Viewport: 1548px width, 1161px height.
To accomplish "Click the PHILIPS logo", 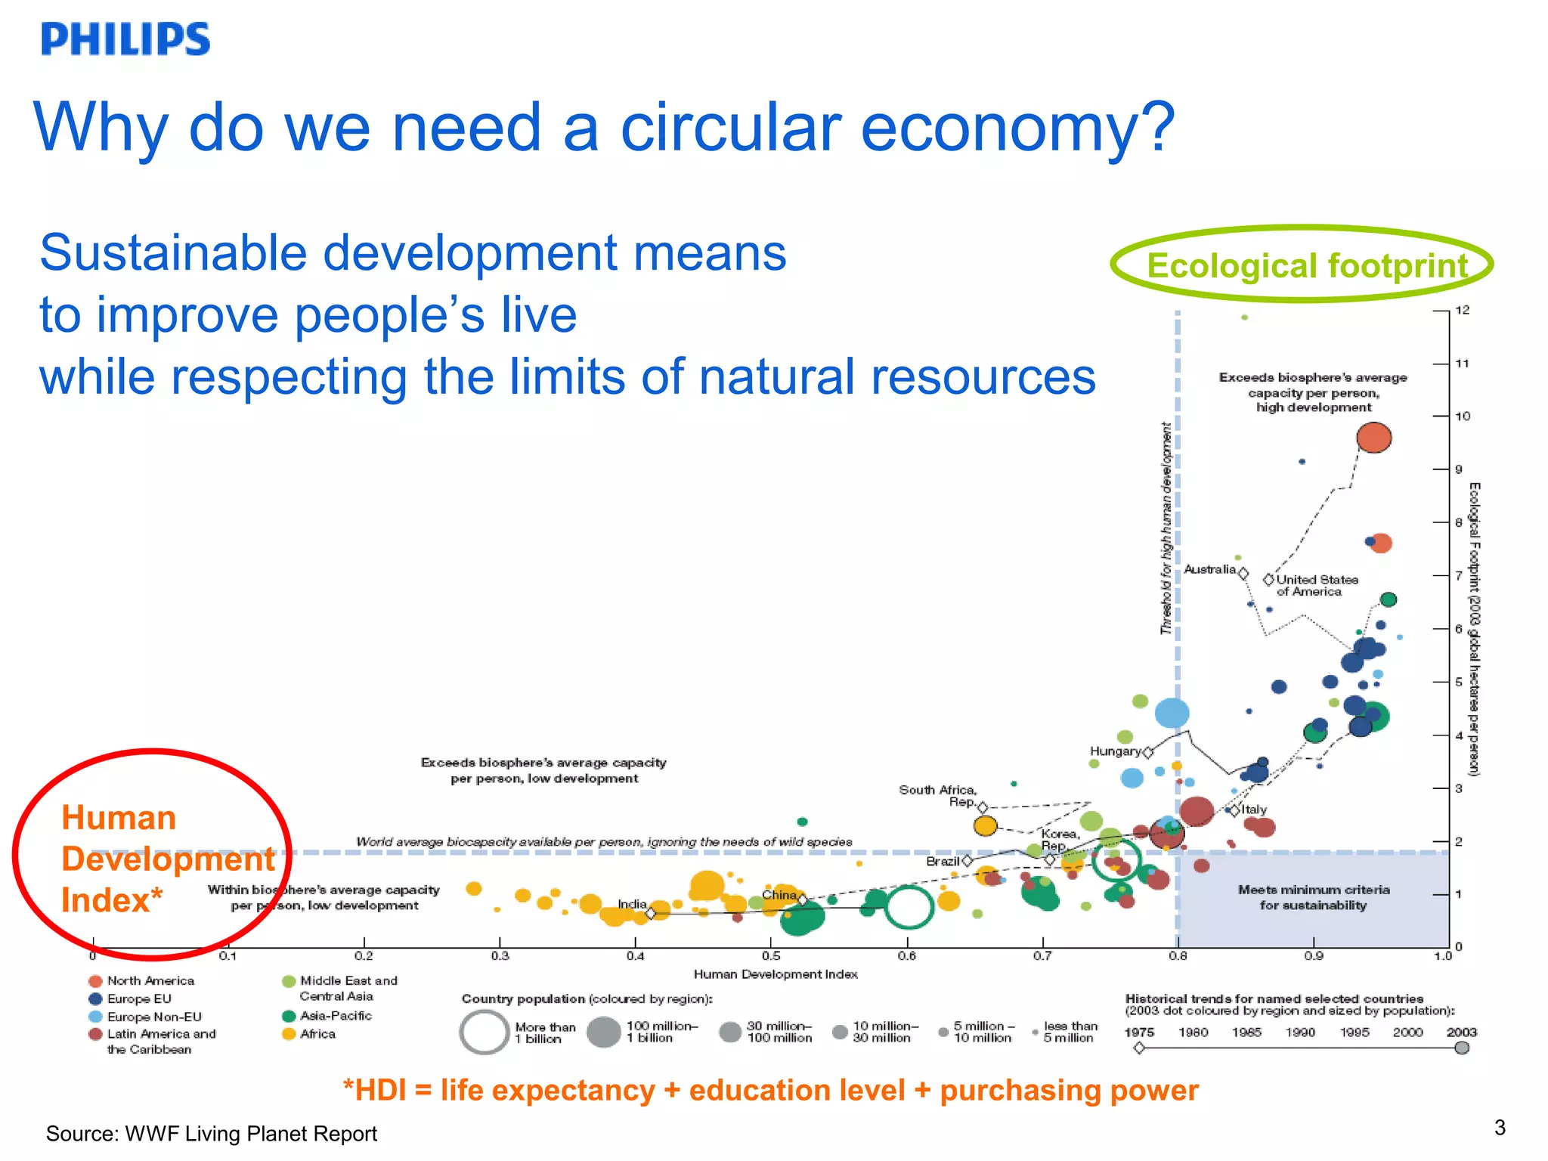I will coord(125,39).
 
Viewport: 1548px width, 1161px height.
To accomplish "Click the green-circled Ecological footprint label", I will coord(1306,265).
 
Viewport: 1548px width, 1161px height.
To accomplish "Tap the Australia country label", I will coord(1209,569).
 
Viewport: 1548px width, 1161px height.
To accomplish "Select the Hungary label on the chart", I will coord(1115,751).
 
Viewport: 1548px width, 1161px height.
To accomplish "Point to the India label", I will coord(632,904).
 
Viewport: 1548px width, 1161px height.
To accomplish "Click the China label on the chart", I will coord(779,895).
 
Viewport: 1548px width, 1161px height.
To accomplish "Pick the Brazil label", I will coord(943,861).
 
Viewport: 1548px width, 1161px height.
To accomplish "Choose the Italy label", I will coord(1254,809).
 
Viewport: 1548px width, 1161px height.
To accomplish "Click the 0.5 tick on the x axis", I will coord(771,956).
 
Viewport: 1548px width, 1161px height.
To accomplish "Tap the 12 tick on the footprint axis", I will coord(1463,310).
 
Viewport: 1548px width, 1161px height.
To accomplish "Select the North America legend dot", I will coord(95,981).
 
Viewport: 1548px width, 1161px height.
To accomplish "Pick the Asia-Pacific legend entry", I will coord(336,1016).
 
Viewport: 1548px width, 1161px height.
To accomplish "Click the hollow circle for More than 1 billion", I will coord(484,1032).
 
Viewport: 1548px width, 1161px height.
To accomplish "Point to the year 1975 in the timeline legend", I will coord(1139,1033).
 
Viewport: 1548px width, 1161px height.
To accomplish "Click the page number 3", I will coord(1500,1128).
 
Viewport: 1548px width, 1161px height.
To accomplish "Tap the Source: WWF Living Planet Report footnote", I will coord(212,1134).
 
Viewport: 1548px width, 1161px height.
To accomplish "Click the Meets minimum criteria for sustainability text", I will coord(1314,897).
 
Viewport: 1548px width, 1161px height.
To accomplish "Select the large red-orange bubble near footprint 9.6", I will coord(1373,438).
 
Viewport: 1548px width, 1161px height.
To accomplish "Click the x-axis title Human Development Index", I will coord(776,974).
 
